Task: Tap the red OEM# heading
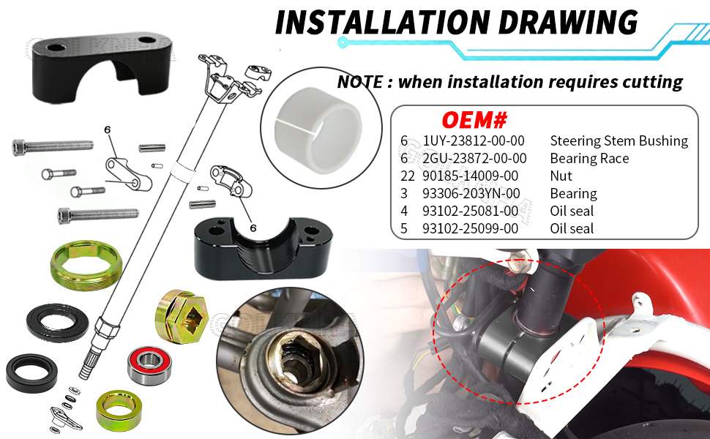(474, 121)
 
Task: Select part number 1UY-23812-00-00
(473, 140)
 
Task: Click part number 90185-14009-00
(470, 176)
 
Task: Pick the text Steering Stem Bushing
(619, 140)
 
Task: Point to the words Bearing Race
(589, 158)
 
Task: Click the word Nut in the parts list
(561, 176)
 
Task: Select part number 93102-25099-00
(470, 228)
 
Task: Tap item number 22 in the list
(408, 176)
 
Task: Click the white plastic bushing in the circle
(318, 130)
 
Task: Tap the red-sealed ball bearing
(149, 365)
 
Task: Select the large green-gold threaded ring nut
(86, 265)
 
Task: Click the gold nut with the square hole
(182, 316)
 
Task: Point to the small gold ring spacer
(119, 410)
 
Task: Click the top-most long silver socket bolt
(53, 146)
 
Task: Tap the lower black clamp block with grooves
(263, 247)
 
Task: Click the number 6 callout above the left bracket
(108, 130)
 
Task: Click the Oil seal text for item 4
(572, 211)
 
